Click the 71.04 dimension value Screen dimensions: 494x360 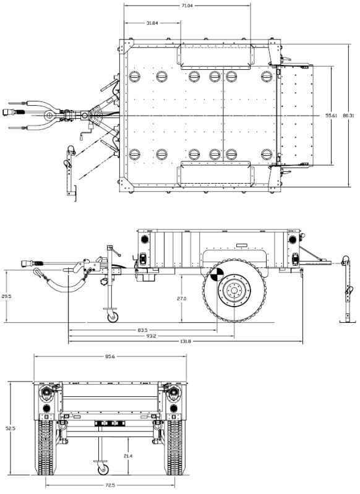[x=187, y=6]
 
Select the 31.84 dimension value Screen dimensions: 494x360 [x=153, y=23]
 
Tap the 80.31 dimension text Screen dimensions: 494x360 [x=350, y=116]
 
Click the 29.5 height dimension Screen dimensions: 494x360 [x=7, y=297]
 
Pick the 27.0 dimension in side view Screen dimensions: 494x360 [x=182, y=299]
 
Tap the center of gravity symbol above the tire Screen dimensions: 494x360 [x=217, y=274]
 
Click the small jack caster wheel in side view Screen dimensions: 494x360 [x=113, y=318]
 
